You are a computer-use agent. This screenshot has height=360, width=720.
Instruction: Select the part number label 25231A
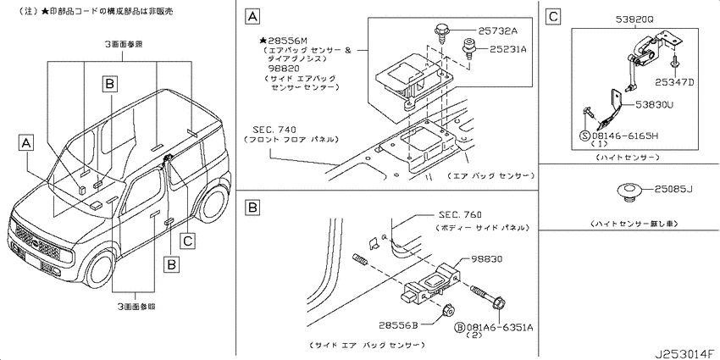coord(507,50)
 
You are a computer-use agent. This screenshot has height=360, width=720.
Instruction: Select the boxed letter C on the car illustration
coord(188,240)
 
